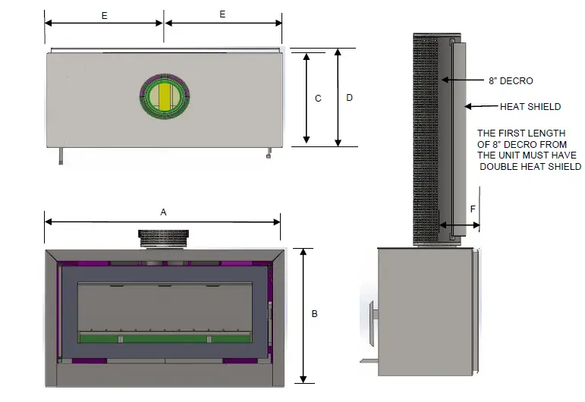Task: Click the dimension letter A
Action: [163, 212]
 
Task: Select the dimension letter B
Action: [315, 314]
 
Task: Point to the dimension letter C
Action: [318, 99]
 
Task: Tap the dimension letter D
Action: [349, 98]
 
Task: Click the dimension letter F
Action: [473, 209]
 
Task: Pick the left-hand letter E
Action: [105, 16]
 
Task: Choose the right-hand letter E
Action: [222, 14]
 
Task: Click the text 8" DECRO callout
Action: [511, 81]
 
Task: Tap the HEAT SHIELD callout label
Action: [530, 107]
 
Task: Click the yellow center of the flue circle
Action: [165, 96]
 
